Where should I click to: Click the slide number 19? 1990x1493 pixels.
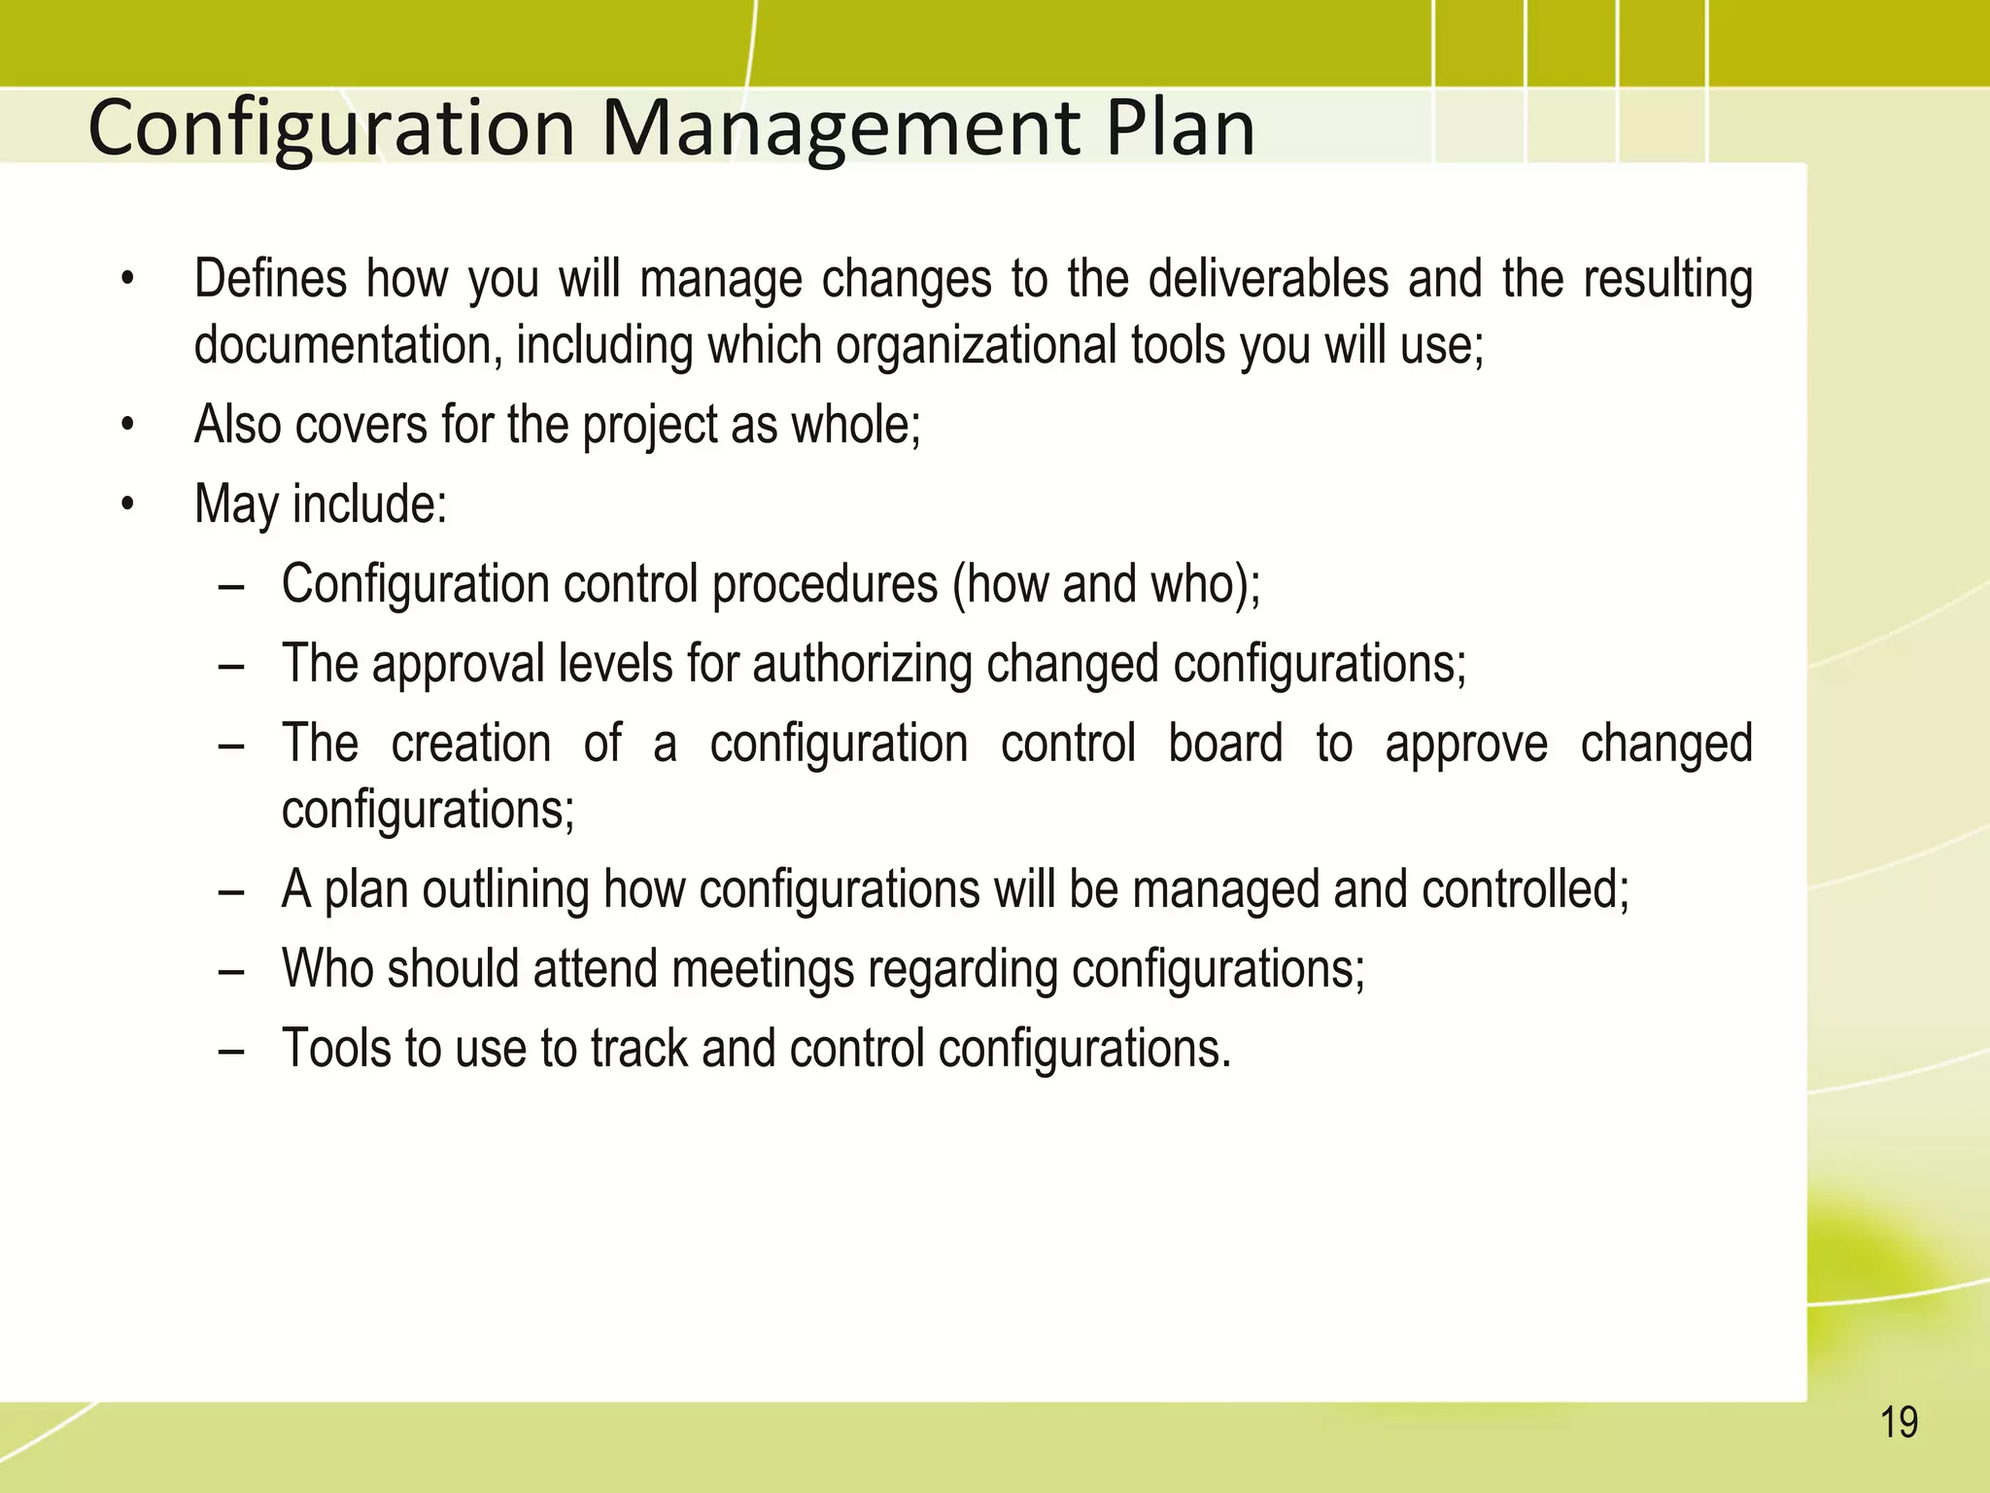1899,1423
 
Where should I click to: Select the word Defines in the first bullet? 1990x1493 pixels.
270,279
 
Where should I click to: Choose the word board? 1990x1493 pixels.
1225,744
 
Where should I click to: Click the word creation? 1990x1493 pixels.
471,744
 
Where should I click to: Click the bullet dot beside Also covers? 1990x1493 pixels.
127,426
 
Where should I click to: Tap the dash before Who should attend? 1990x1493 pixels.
231,970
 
